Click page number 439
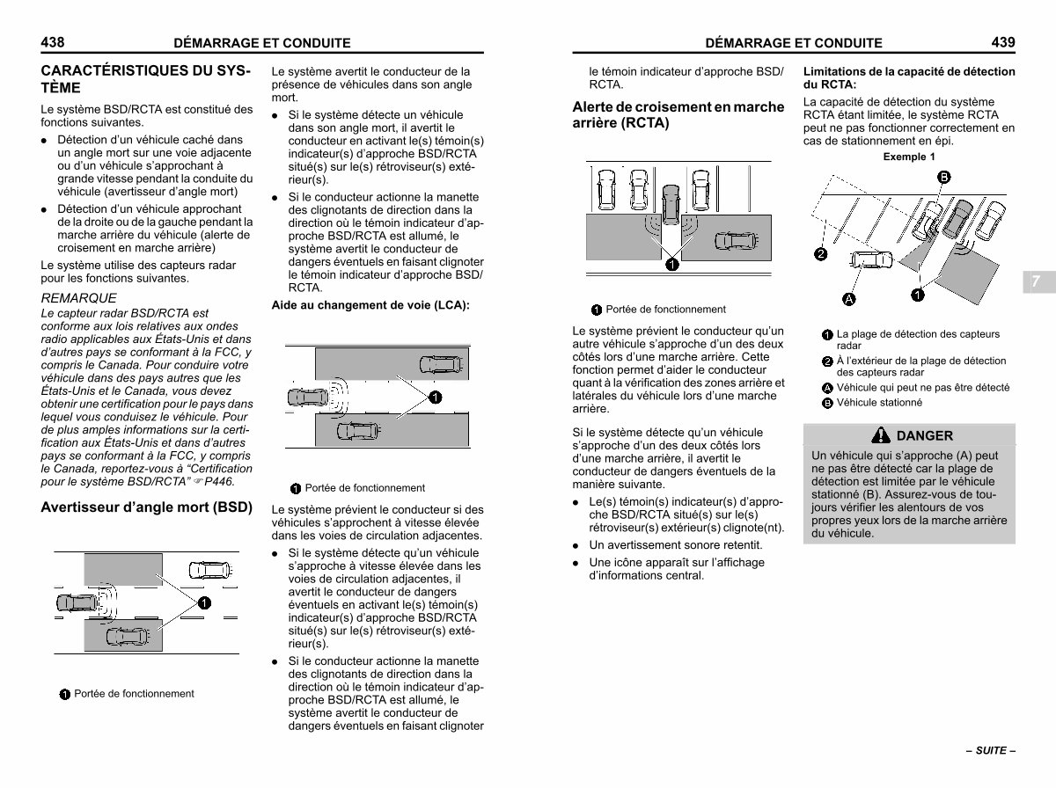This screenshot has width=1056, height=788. coord(1003,41)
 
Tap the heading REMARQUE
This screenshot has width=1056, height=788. coord(79,298)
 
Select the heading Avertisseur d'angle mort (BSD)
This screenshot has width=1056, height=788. coord(147,507)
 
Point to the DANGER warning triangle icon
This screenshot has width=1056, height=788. coord(881,434)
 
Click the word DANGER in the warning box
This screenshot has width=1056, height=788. coord(924,435)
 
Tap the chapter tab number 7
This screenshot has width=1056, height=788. coord(1037,281)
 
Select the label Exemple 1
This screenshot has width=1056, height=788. coord(909,157)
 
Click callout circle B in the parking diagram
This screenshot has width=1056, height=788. coord(943,178)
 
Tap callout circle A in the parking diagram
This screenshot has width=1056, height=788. coord(850,299)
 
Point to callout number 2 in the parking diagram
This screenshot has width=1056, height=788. coord(820,255)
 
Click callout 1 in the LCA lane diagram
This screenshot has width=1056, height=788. coord(434,398)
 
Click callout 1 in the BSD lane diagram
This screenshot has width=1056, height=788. coord(203,602)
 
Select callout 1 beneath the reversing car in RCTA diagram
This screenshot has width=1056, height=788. coord(671,264)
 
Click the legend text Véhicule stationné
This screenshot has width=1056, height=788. coord(879,403)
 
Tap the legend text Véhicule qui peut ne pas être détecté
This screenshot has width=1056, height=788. coord(922,388)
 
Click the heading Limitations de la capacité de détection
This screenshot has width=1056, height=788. coord(909,72)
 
